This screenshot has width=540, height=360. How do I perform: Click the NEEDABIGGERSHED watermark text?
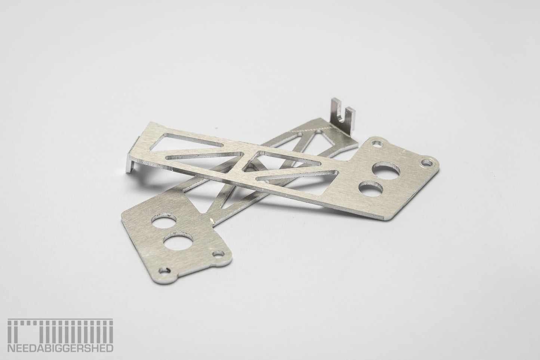click(x=60, y=348)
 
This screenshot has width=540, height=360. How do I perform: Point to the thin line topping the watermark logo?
click(x=60, y=319)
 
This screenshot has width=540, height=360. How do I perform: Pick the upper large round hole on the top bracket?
click(x=386, y=170)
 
